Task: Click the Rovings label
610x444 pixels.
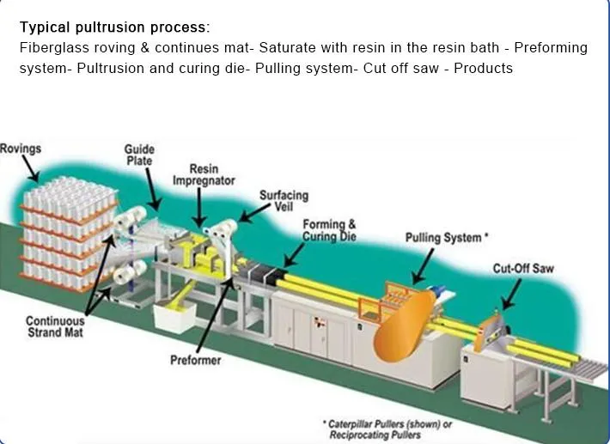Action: (21, 149)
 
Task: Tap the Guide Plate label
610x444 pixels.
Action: (139, 155)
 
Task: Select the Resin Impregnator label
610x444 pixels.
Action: (204, 175)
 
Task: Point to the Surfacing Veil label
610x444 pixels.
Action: (284, 201)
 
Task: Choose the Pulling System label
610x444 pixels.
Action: (447, 237)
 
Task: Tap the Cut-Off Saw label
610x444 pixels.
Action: (522, 269)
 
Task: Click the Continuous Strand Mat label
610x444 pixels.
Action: (55, 327)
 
